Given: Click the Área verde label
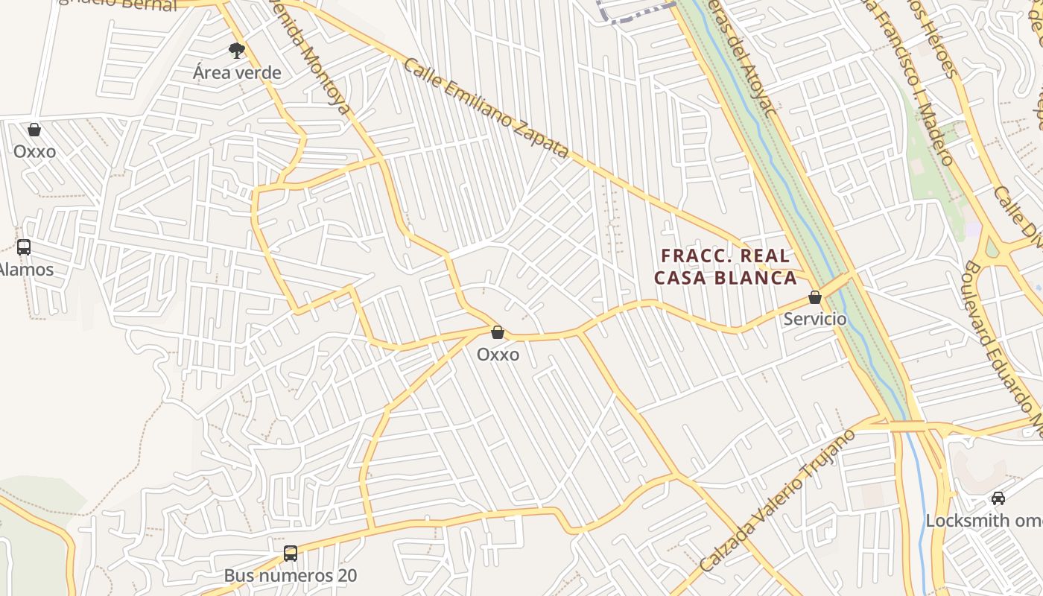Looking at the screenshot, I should click(x=237, y=72).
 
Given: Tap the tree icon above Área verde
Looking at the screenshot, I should click(x=237, y=51).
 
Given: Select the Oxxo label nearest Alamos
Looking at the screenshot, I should click(x=34, y=151).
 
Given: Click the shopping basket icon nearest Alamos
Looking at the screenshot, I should click(x=34, y=130).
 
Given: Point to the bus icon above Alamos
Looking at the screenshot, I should click(x=24, y=247).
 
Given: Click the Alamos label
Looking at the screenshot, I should click(x=27, y=269).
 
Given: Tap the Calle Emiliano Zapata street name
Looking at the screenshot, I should click(x=486, y=108).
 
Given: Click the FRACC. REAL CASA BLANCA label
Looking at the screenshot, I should click(x=726, y=267).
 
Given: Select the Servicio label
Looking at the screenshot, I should click(x=815, y=319).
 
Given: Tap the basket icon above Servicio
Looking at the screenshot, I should click(x=815, y=297).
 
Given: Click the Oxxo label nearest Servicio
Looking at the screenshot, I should click(x=498, y=355).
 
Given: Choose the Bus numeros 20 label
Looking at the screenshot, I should click(x=291, y=576).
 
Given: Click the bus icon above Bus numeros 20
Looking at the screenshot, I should click(x=291, y=554).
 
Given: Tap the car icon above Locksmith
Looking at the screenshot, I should click(x=998, y=498).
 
